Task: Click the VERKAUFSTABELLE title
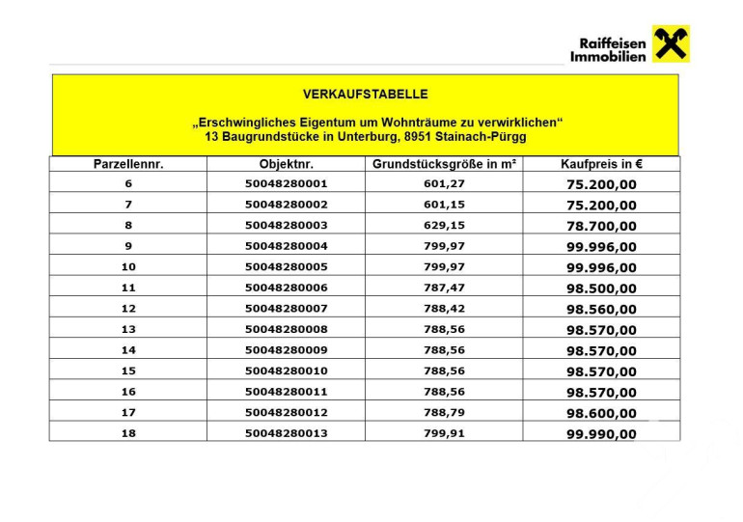coord(365,95)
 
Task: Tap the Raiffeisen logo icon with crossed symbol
coord(671,43)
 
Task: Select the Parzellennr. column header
coord(128,164)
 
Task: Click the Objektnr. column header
coord(287,164)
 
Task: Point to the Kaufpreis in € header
coord(601,164)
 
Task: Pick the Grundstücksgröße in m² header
coord(444,164)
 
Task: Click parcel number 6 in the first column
coord(128,183)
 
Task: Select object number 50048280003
coord(287,226)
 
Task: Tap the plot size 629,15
coord(444,226)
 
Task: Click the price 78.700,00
coord(601,226)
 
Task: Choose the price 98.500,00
coord(601,288)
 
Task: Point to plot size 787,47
coord(444,288)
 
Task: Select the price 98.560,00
coord(601,310)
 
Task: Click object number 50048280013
coord(287,433)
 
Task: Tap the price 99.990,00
coord(601,433)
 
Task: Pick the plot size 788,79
coord(444,413)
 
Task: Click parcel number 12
coord(128,309)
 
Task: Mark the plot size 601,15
coord(444,205)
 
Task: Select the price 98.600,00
coord(601,413)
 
